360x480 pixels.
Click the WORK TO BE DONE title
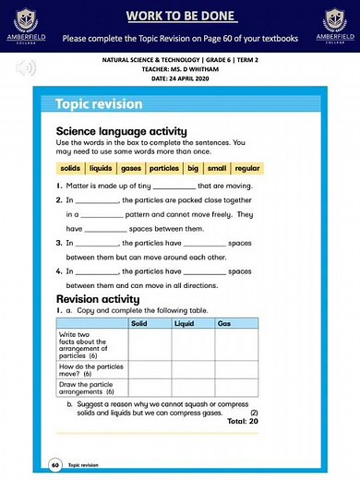point(181,16)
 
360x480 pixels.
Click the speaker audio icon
point(26,67)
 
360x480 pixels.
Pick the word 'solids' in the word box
point(70,169)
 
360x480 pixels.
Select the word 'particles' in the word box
point(164,169)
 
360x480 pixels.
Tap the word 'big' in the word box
point(193,169)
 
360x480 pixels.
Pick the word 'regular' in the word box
point(247,169)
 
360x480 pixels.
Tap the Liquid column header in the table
point(184,324)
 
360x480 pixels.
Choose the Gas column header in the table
point(224,324)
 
